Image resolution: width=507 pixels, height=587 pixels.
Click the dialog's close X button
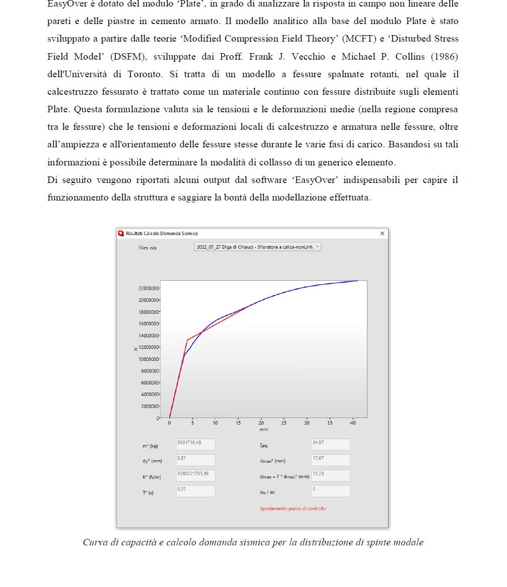382,234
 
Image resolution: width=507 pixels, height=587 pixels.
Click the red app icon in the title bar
120,234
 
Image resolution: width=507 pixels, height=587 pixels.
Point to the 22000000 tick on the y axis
149,288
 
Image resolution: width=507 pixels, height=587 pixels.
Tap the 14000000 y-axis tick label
149,335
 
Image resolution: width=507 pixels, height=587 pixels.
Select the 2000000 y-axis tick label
150,406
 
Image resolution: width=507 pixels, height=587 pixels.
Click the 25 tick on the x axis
284,423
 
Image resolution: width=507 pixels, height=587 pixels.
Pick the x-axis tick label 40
352,423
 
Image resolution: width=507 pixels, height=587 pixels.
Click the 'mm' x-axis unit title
264,430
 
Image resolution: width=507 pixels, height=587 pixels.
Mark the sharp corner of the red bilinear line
187,340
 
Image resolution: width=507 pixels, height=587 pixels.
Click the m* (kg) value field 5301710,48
195,444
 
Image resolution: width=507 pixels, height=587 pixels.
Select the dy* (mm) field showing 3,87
195,460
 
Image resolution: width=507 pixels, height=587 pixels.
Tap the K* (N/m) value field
195,475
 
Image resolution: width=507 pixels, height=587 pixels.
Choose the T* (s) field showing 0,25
195,491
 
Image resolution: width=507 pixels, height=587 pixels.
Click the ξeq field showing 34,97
330,444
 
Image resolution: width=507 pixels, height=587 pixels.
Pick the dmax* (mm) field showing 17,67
330,460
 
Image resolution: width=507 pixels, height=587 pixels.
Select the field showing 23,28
330,475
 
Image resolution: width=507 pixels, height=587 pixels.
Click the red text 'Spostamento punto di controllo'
293,508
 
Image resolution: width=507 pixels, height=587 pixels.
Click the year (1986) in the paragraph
444,57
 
